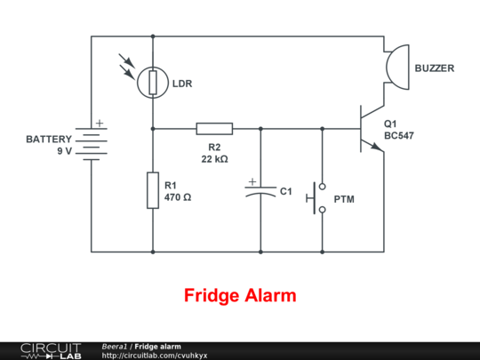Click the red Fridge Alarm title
coord(240,295)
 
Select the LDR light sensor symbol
coord(153,83)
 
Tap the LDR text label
coord(182,84)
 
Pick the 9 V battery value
coord(64,152)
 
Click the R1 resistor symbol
coord(153,191)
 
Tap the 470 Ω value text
coord(178,197)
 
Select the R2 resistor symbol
coord(214,128)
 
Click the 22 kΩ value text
coord(214,159)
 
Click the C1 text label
coord(285,191)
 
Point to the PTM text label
coord(343,199)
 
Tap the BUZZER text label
coord(436,68)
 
